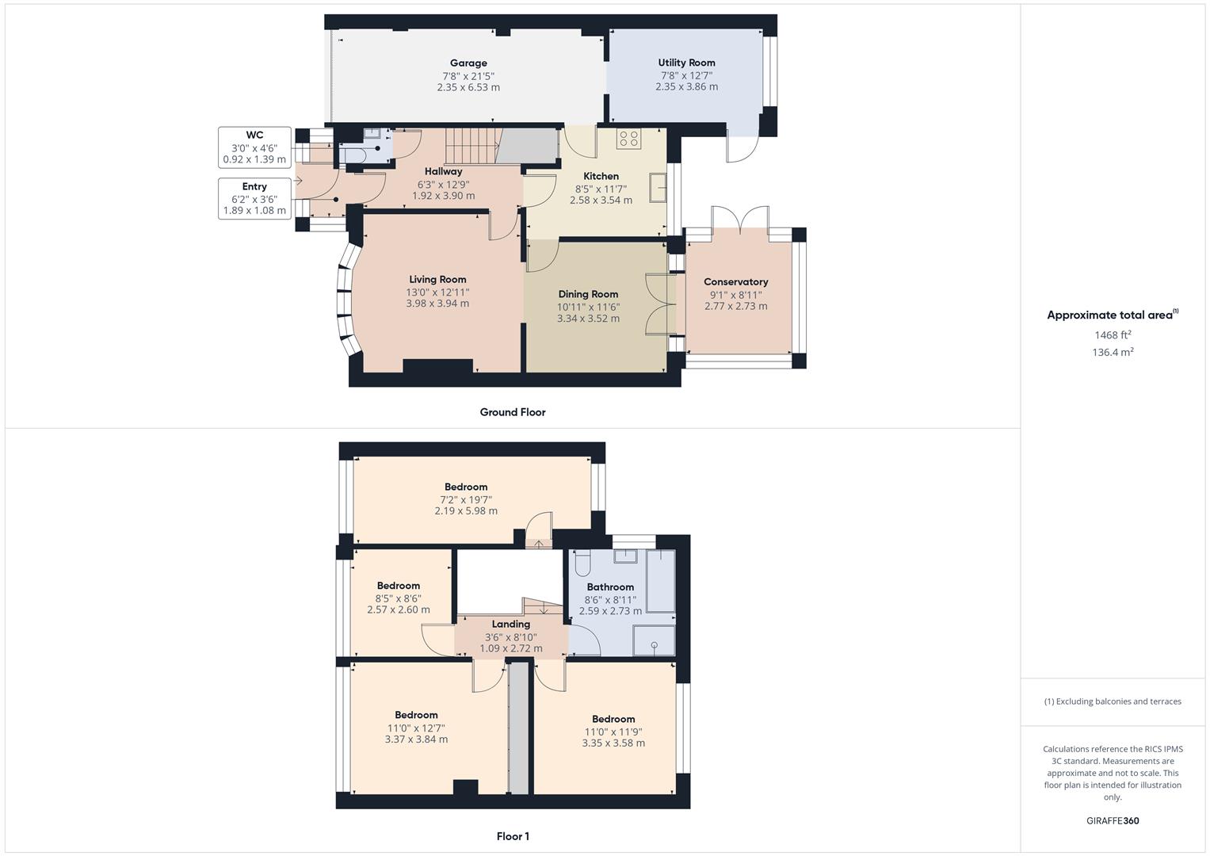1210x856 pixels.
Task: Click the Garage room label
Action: click(468, 63)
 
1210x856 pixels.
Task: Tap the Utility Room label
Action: click(686, 63)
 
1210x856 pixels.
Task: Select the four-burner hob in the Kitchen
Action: click(628, 138)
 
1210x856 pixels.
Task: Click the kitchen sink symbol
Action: click(658, 187)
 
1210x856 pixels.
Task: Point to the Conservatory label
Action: click(735, 281)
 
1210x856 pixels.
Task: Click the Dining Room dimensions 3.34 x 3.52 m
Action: click(588, 319)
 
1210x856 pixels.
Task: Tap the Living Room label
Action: click(437, 279)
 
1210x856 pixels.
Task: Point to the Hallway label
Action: click(443, 171)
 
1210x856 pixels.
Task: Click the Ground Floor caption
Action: click(513, 412)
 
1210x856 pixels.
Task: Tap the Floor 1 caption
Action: click(513, 836)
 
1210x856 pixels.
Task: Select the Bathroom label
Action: click(610, 587)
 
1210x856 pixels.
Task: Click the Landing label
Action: click(510, 625)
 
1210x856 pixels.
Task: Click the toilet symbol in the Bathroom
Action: click(582, 563)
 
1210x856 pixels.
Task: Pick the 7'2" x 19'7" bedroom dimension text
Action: click(466, 500)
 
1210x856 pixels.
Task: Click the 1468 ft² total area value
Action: click(1113, 335)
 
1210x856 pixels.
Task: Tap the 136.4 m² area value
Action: click(1113, 353)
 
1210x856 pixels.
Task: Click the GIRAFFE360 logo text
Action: click(1113, 820)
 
